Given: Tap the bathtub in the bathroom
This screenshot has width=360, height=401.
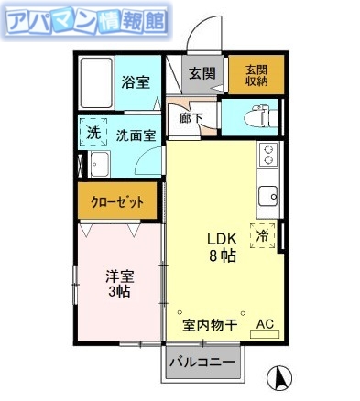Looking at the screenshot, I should (95, 82).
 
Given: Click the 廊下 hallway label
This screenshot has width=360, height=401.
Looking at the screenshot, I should (191, 117).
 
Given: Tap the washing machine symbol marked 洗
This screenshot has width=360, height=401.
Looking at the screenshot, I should (93, 133).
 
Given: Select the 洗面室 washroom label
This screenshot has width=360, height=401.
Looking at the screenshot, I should (135, 135).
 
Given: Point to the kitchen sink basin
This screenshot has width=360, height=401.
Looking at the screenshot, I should (268, 196).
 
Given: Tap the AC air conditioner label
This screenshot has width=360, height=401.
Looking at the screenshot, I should (264, 324).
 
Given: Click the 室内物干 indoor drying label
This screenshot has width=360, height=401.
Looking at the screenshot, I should (209, 324).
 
